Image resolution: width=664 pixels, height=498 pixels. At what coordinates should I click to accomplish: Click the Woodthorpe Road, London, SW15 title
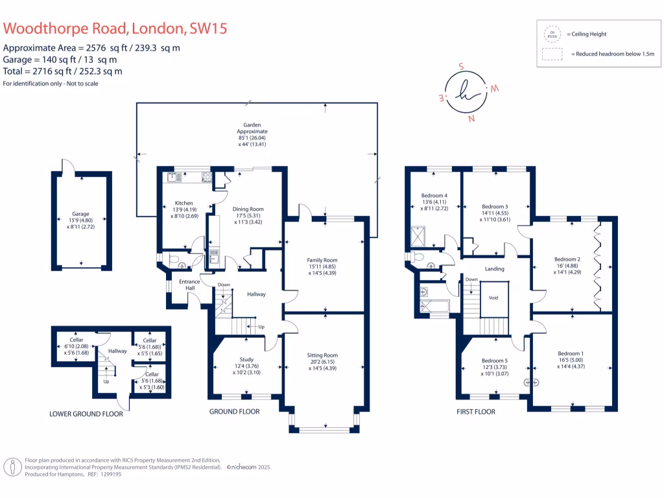click(115, 29)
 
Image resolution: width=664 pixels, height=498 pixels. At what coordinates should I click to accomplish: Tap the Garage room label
click(80, 214)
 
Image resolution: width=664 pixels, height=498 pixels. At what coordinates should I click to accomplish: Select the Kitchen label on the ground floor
click(175, 204)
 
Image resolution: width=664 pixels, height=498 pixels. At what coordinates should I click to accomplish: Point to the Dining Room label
click(248, 209)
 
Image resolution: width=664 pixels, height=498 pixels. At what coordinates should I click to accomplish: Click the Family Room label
click(322, 260)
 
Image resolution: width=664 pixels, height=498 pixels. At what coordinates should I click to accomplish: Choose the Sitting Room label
click(322, 355)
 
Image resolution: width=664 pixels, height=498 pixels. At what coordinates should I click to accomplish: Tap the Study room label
click(246, 359)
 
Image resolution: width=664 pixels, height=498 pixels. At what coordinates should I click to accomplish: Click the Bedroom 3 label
click(495, 206)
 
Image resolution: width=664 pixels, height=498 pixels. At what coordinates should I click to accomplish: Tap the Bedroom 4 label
click(434, 196)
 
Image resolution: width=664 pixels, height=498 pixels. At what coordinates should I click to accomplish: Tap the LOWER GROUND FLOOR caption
click(86, 413)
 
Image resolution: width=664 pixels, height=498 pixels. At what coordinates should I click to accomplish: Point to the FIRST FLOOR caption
click(475, 412)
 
